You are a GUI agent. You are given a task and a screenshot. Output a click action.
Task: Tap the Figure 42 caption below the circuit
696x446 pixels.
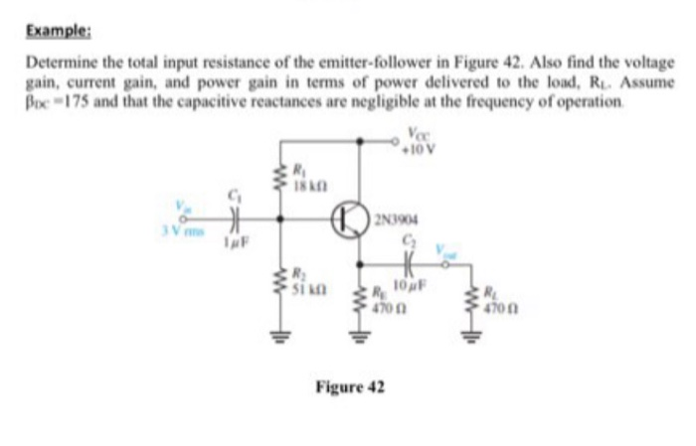(x=350, y=385)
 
